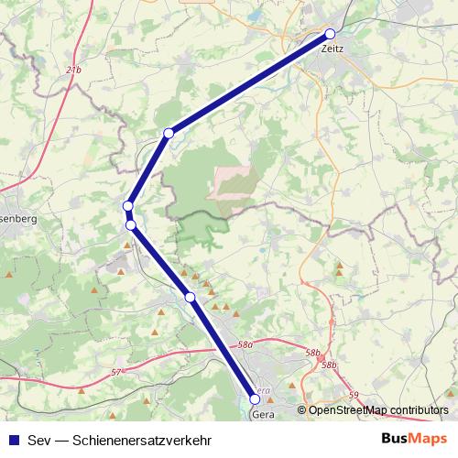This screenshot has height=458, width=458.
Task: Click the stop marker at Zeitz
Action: pos(330,34)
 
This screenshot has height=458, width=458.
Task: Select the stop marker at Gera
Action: pos(256,398)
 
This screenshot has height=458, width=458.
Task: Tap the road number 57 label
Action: pos(114,372)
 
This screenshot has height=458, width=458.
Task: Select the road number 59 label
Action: pos(354,396)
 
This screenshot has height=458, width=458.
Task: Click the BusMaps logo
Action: pos(414,438)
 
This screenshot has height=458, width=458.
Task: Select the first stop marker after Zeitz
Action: pos(168,134)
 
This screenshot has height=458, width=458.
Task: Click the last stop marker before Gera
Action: pos(190,297)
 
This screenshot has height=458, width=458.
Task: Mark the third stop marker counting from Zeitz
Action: pos(128,206)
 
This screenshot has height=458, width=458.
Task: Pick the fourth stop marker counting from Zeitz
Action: pos(131,224)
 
